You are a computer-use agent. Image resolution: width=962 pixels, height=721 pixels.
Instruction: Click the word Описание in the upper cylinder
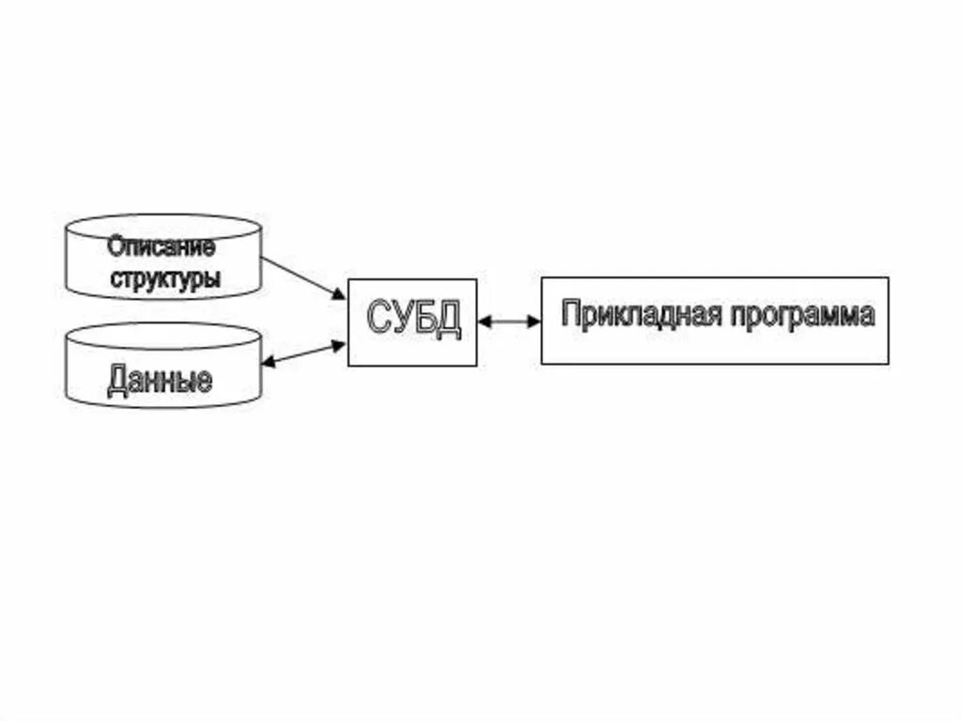[x=161, y=248]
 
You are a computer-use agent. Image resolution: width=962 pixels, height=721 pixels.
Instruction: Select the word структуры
[x=165, y=279]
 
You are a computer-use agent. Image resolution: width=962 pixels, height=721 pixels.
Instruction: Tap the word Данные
[x=160, y=381]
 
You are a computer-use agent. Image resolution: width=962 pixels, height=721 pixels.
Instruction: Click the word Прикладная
[x=639, y=314]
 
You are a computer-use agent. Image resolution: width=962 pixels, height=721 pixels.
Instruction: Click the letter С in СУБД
[x=379, y=321]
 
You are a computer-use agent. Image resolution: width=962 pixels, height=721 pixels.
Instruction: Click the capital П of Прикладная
[x=569, y=314]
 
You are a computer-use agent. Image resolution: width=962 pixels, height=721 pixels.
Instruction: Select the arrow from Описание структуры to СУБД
[x=303, y=278]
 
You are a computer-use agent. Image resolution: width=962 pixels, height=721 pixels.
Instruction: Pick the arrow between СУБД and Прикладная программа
[x=509, y=321]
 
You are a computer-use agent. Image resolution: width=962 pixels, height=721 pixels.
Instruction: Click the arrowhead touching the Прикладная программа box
[x=535, y=321]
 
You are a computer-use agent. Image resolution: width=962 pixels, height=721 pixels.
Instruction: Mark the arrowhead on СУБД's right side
[x=484, y=321]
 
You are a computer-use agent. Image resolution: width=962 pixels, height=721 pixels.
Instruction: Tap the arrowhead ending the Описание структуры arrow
[x=339, y=295]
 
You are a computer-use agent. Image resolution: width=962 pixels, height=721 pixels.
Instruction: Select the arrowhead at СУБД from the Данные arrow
[x=340, y=345]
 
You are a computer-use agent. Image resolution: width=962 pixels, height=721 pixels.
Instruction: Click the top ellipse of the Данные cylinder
[x=163, y=335]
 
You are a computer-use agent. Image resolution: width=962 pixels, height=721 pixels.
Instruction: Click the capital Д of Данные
[x=117, y=381]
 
